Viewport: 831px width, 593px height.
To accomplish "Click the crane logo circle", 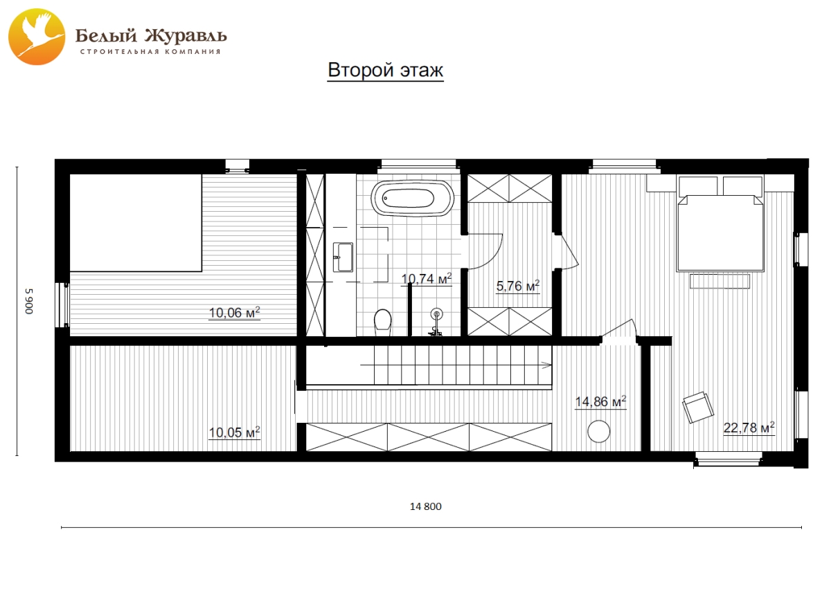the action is click(37, 37).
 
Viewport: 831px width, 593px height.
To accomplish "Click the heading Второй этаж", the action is click(386, 70).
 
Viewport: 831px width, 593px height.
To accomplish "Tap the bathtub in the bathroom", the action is click(413, 198).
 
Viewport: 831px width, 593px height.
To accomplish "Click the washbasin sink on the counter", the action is click(343, 257).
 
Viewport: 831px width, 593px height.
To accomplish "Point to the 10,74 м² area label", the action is click(427, 279).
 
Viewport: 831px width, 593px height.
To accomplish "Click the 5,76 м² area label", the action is click(518, 286).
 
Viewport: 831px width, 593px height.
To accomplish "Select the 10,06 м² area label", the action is click(235, 313).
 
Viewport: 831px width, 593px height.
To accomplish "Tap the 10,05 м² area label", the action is click(235, 432).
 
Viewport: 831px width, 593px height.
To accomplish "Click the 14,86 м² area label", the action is click(600, 401).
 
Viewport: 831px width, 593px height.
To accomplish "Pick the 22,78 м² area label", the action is click(749, 428).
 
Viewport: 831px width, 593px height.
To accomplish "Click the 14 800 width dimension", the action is click(425, 507).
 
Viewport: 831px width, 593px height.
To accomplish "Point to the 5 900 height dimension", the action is click(29, 301).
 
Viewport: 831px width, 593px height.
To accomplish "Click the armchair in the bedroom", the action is click(698, 407).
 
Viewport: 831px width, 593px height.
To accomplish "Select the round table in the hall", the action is click(599, 431).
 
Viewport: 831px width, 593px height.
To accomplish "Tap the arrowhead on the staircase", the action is click(547, 365).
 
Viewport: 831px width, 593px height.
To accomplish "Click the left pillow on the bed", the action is click(698, 186).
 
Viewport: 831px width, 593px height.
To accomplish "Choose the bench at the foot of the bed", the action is click(720, 281).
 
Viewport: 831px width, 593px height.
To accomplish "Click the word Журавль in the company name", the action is click(184, 35).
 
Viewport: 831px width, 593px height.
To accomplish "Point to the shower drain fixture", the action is click(437, 315).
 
